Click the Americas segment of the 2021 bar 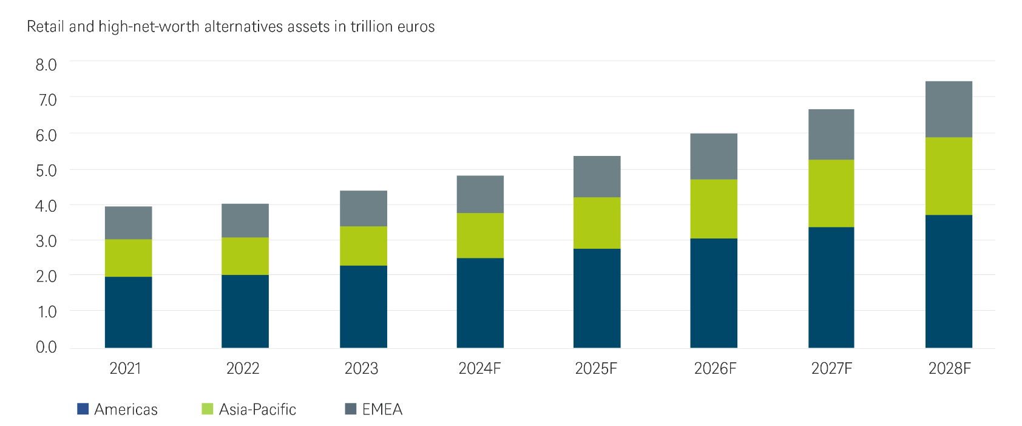click(x=128, y=312)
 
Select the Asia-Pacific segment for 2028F click(x=949, y=176)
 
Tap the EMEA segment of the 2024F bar click(x=480, y=194)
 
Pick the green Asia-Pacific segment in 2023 click(x=363, y=246)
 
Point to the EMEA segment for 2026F click(x=714, y=156)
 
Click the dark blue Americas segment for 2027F click(x=831, y=287)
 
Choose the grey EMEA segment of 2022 click(x=245, y=220)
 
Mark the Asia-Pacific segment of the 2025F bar click(x=597, y=223)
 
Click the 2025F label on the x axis click(x=596, y=368)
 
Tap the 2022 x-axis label click(x=243, y=368)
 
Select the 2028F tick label click(x=949, y=368)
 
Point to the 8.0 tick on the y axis click(x=46, y=65)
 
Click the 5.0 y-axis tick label click(x=46, y=171)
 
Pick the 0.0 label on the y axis click(x=46, y=347)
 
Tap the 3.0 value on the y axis click(x=46, y=241)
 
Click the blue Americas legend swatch click(x=83, y=409)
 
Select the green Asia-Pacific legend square click(x=208, y=409)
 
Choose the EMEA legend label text click(x=382, y=410)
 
